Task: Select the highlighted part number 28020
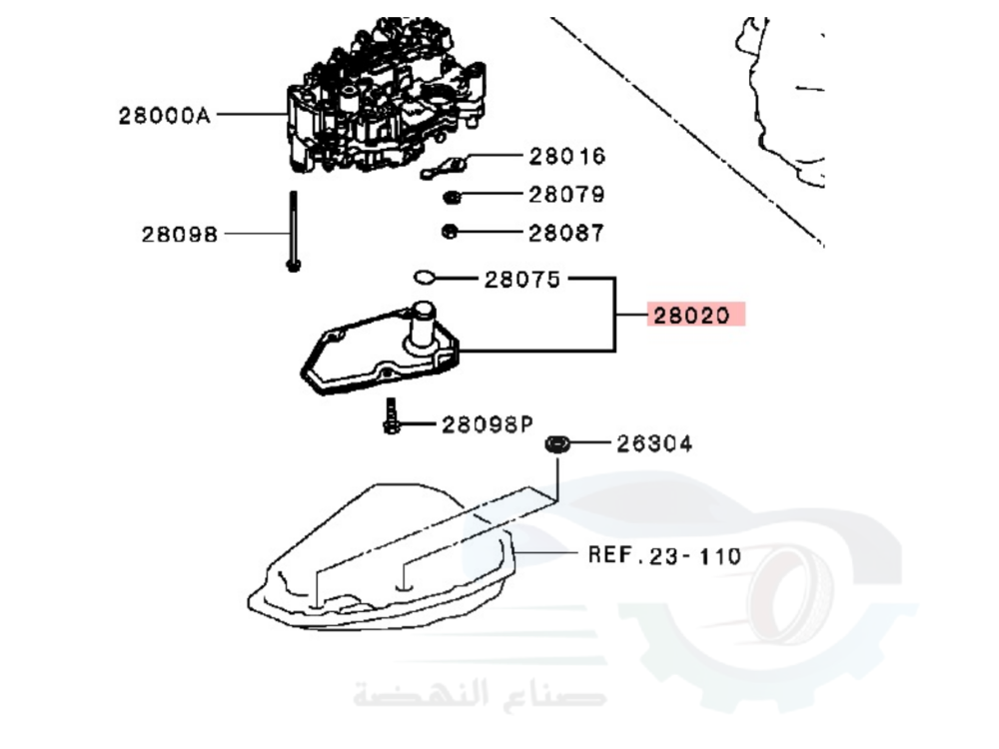point(695,317)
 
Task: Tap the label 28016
point(566,156)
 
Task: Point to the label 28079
point(566,195)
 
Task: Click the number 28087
point(566,233)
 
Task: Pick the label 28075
point(522,280)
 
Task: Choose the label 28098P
point(486,425)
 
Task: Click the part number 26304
point(654,443)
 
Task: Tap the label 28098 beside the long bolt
point(179,235)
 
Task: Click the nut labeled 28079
point(452,196)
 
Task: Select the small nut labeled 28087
point(450,233)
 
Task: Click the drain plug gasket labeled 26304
point(556,442)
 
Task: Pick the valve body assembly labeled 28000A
point(385,100)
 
